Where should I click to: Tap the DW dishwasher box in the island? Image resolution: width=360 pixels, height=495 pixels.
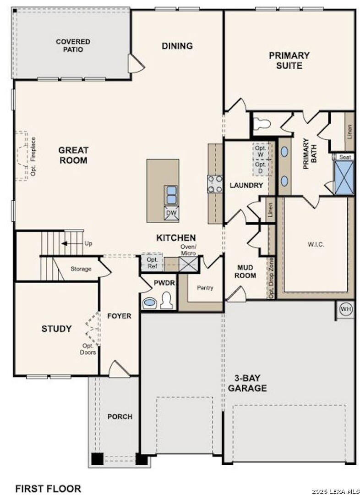(x=172, y=213)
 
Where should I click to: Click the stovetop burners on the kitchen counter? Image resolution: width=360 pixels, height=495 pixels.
(x=215, y=184)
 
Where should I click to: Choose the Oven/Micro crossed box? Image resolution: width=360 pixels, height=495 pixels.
(x=188, y=264)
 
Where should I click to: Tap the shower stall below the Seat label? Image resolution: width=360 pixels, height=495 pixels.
(x=344, y=178)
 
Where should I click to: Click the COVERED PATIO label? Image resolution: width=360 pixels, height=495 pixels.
(x=73, y=45)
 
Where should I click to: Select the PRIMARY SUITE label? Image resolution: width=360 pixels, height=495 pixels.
(x=289, y=60)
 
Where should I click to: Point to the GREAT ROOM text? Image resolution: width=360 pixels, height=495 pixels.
(x=73, y=155)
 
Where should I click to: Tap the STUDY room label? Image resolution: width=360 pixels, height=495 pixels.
(x=56, y=329)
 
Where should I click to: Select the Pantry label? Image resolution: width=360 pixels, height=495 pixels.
(x=205, y=288)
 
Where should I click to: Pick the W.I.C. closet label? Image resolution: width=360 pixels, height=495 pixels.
(x=316, y=244)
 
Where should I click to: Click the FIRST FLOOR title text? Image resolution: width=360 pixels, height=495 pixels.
(x=48, y=489)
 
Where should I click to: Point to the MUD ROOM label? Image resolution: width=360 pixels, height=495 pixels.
(x=246, y=271)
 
